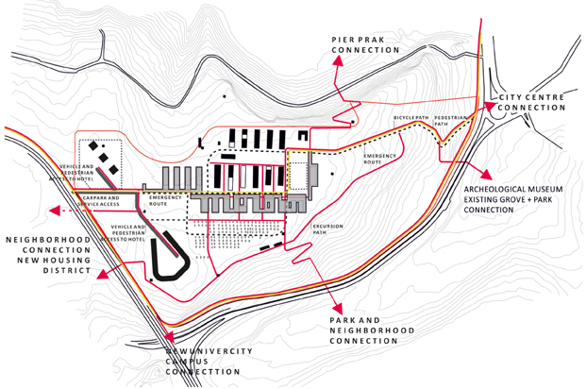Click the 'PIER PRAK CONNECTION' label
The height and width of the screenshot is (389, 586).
pos(364,44)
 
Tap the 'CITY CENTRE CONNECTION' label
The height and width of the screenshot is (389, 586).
pos(532,101)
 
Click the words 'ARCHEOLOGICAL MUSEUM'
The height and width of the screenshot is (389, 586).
pos(513,190)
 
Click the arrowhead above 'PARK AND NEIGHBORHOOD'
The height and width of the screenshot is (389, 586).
pos(337,308)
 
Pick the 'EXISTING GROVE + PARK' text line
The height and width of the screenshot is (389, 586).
pos(513,200)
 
